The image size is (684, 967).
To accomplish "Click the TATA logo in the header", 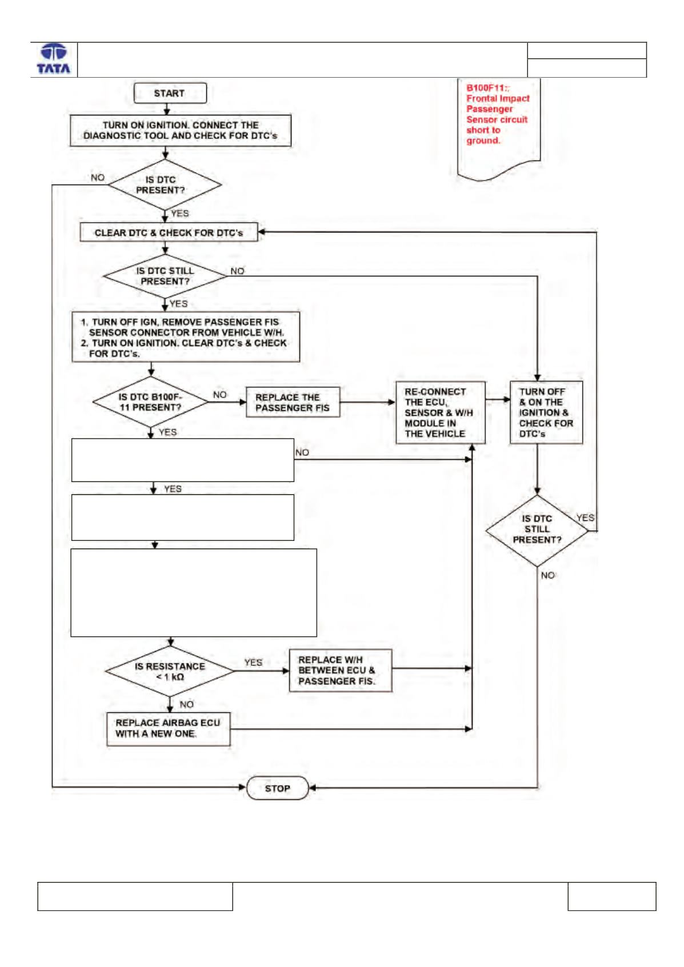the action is coord(54,59).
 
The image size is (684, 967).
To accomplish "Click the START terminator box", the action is coord(170,93).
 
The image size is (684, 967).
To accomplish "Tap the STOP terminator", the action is coord(277,788).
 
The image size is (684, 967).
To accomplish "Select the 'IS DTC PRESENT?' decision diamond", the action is coord(165,184).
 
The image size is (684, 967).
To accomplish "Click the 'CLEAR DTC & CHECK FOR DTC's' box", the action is coord(169,232).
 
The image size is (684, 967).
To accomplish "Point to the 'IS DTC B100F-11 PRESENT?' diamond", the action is coord(150,402).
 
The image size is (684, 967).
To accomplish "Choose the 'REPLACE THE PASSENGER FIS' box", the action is coord(293,402).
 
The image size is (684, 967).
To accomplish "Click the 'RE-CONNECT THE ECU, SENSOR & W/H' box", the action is coord(441,413).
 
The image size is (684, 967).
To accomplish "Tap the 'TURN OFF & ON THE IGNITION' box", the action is coord(546,413).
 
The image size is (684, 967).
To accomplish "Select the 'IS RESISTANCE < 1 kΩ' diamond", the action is coord(170,671).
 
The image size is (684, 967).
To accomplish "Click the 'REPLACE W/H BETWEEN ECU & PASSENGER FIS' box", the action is coord(341,671).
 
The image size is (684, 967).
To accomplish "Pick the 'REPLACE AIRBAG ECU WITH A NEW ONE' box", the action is coord(169,729).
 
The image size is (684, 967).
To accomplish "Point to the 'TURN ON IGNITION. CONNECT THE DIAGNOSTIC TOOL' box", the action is coord(181,130).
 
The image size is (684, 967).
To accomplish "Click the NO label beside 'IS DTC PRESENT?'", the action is coord(98,178).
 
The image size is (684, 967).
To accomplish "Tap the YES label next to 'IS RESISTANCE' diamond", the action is coord(253,662).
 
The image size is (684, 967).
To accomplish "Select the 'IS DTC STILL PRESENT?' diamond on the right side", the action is coord(537,531).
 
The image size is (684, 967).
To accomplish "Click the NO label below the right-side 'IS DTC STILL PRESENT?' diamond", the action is coord(547,575).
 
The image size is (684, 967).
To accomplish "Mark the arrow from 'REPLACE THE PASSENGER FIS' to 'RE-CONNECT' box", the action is coord(367,402).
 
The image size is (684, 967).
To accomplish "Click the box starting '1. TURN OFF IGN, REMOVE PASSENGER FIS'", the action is coord(186,337).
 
